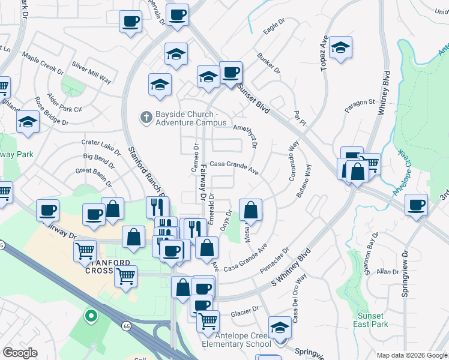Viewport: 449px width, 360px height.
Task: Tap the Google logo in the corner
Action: click(20, 352)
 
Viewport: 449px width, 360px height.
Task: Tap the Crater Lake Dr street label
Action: click(101, 145)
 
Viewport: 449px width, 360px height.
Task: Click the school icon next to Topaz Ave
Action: click(340, 47)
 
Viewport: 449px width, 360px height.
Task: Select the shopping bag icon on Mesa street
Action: click(251, 211)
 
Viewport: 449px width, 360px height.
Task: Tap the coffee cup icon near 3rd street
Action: click(416, 205)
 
